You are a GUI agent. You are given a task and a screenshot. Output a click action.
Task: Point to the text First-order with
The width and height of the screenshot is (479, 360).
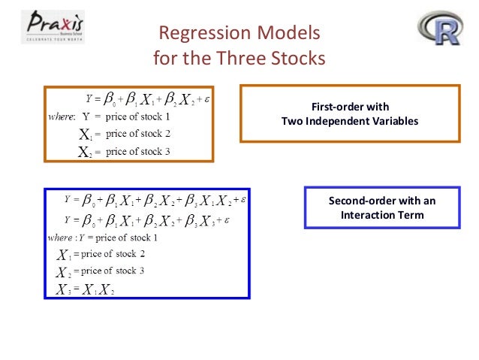[349, 107]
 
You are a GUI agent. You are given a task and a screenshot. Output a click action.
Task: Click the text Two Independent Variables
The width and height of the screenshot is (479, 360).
[349, 120]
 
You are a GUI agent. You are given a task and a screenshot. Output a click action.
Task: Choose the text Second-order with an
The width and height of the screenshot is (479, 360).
[381, 201]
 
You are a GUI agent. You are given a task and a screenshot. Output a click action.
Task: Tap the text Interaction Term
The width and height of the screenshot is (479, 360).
[381, 215]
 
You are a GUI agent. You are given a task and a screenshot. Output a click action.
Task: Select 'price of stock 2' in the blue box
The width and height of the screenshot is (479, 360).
[108, 255]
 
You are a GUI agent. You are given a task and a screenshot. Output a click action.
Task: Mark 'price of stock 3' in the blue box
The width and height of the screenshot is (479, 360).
[108, 271]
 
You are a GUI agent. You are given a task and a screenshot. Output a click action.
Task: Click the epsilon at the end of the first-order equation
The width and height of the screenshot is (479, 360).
[206, 98]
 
